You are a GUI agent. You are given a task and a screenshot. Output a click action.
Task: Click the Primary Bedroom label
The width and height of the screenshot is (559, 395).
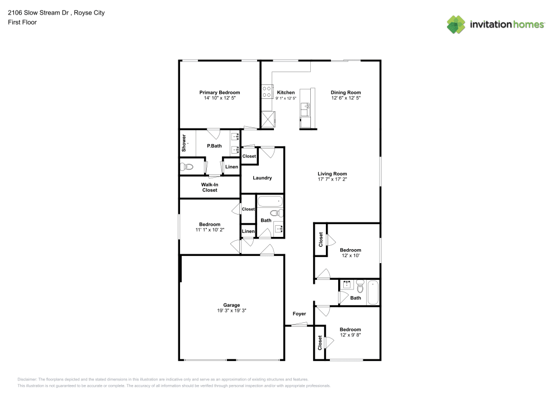(x=220, y=92)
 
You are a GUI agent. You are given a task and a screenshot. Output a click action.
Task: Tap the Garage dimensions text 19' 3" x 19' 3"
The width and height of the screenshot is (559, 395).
(x=231, y=311)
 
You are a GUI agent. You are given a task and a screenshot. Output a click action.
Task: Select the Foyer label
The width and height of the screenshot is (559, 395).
(x=299, y=314)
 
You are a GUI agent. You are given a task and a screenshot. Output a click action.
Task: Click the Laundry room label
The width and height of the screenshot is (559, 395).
(x=262, y=178)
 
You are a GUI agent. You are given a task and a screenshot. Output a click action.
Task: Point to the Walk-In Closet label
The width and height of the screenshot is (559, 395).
(x=210, y=187)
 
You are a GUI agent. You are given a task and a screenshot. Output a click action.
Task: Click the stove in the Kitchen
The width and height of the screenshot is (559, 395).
(x=267, y=92)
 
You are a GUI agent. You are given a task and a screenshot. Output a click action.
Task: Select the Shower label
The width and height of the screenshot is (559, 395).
(x=183, y=144)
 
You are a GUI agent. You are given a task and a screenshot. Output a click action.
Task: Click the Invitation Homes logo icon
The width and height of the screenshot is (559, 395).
(x=456, y=24)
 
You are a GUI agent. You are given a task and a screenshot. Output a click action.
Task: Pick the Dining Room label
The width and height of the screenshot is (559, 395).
(x=345, y=92)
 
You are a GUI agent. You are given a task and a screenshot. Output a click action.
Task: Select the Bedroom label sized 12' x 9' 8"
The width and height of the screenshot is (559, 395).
(x=350, y=330)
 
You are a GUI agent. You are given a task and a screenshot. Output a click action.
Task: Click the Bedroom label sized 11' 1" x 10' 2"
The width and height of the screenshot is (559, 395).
(x=210, y=225)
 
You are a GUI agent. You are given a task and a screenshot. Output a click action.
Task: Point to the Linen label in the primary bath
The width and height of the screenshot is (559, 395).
(x=231, y=167)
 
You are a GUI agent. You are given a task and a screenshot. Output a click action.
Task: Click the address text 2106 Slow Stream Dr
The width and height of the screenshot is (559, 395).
(x=37, y=12)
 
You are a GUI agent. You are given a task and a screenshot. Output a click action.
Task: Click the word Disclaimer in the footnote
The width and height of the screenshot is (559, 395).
(x=27, y=379)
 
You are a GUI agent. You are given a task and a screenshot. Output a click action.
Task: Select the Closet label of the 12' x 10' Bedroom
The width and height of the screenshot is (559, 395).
(x=321, y=240)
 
